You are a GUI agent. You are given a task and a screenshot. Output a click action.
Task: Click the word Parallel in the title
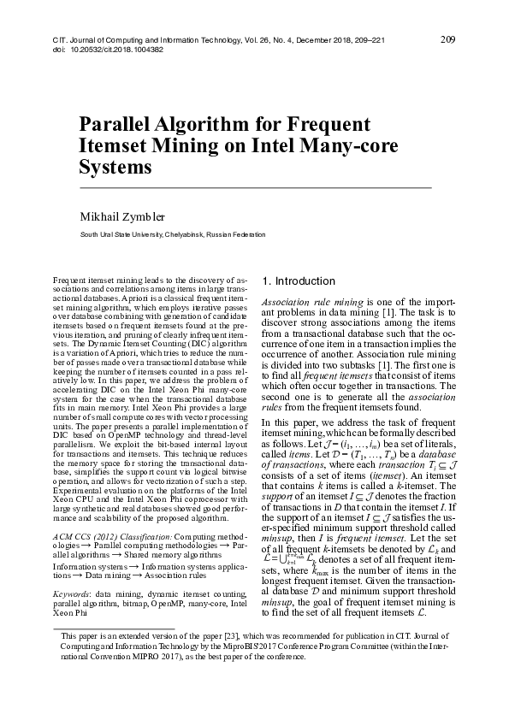pos(121,125)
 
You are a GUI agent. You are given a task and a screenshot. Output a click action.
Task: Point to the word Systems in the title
pos(115,166)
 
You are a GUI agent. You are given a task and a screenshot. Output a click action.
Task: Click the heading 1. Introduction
pos(299,281)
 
